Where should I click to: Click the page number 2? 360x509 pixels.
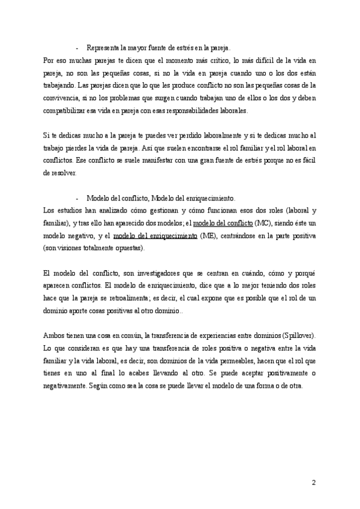tap(313, 482)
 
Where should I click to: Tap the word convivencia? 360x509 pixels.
tap(64, 98)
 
